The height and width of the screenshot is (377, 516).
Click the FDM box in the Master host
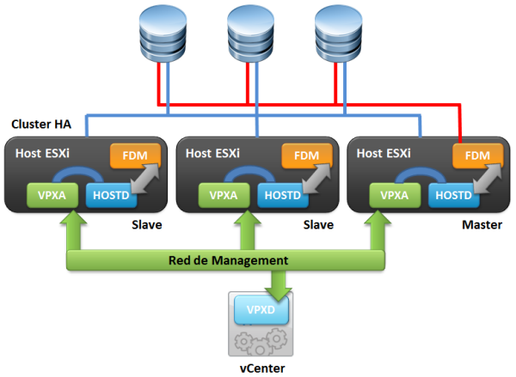[477, 155]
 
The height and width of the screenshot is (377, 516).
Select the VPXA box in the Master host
[395, 195]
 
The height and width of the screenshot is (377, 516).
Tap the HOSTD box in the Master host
[453, 196]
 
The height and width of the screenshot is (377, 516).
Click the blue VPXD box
[261, 310]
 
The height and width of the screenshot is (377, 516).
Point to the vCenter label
[262, 368]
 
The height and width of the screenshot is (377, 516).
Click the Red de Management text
[228, 260]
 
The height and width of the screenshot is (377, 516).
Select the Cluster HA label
[41, 125]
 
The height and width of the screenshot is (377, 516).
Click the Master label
[482, 225]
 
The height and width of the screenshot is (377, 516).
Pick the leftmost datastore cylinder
[163, 33]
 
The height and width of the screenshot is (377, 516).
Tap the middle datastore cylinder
[251, 33]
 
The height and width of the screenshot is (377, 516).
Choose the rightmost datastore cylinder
[339, 33]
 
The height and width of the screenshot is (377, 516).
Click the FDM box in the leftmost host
[135, 155]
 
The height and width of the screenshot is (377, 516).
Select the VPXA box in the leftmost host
[52, 195]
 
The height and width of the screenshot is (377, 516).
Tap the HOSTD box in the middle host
[283, 196]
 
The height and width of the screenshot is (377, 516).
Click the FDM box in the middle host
[306, 155]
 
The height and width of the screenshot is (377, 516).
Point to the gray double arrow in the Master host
[488, 178]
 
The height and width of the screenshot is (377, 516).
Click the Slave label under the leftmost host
[147, 225]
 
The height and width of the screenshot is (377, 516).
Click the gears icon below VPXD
[261, 341]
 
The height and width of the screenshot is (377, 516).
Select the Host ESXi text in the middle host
[212, 153]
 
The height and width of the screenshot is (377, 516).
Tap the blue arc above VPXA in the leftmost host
[78, 168]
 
